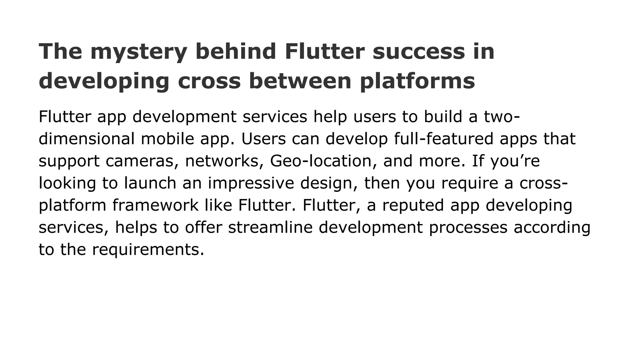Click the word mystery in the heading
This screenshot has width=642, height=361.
point(139,52)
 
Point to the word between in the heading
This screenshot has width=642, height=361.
point(300,81)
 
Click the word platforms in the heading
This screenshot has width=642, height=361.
point(417,81)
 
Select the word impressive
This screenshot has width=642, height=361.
point(251,183)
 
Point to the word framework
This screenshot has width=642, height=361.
point(155,205)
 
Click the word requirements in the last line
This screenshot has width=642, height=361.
point(148,249)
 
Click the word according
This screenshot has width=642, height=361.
point(552,227)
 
